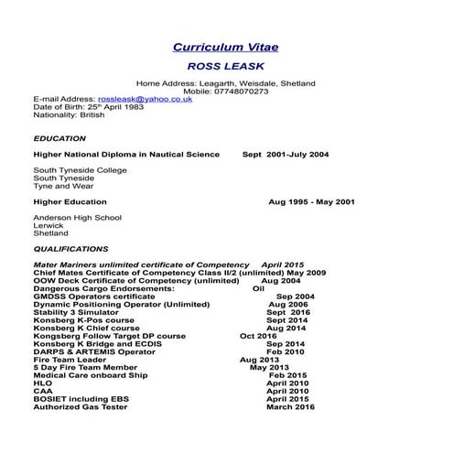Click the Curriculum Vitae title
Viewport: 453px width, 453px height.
coord(226,47)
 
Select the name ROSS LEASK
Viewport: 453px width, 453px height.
coord(226,67)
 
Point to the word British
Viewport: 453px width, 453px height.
coord(91,115)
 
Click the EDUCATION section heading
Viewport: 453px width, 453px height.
coord(59,138)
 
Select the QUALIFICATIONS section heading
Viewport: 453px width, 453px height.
coord(70,248)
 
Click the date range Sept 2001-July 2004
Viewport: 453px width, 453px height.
coord(286,155)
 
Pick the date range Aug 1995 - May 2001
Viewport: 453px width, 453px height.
coord(312,201)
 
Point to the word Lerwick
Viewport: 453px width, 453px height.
coord(48,225)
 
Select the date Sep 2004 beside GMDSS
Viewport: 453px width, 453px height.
coord(295,297)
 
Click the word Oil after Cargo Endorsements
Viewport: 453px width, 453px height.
coord(258,288)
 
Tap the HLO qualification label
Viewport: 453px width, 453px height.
coord(42,383)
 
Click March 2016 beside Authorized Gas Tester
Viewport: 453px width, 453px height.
coord(290,406)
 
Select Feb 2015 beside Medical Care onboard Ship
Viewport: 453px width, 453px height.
coord(287,374)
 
